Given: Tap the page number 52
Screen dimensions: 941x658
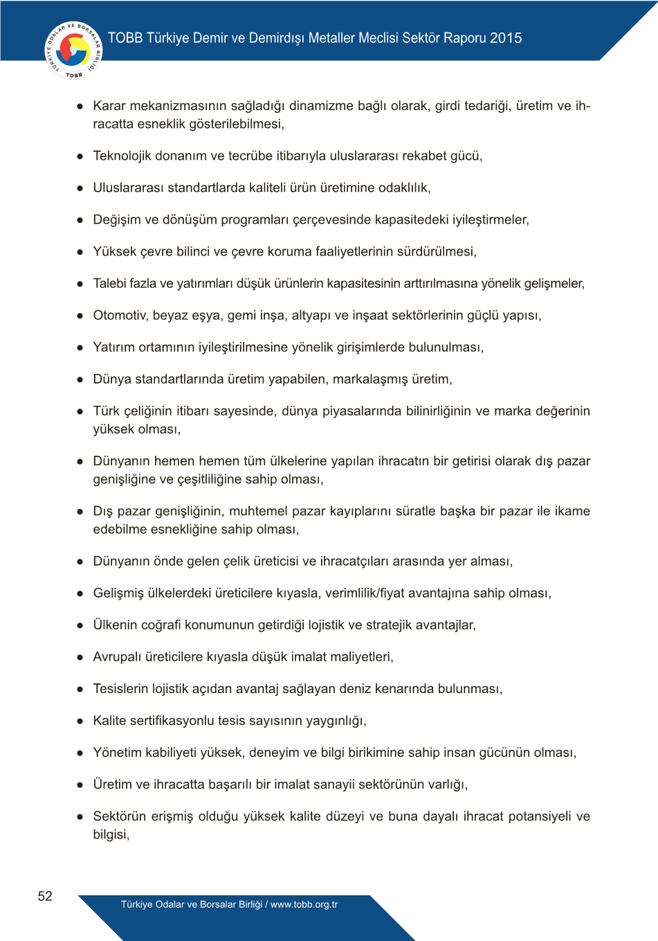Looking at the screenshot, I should point(45,896).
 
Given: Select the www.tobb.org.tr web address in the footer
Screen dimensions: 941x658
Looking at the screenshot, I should point(304,904).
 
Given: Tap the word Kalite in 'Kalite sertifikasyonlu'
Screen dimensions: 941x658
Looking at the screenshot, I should point(109,721).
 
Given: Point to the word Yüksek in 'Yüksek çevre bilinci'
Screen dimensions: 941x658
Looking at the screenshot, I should point(114,252).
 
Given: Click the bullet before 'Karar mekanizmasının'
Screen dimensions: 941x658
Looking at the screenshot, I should point(80,107).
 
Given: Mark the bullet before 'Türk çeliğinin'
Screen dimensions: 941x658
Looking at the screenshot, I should point(80,411).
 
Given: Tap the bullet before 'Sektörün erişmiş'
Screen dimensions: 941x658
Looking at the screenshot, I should point(80,817).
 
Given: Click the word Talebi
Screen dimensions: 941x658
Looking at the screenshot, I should point(109,284).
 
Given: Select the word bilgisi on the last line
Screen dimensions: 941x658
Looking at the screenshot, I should point(110,834).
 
